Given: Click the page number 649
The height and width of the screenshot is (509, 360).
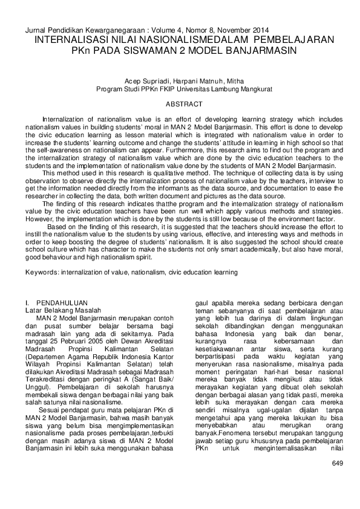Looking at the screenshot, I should [x=338, y=463].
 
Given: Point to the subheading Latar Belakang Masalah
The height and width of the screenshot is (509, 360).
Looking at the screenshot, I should [x=59, y=310].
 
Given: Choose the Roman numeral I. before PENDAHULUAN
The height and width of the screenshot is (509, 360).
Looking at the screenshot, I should [x=27, y=302].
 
